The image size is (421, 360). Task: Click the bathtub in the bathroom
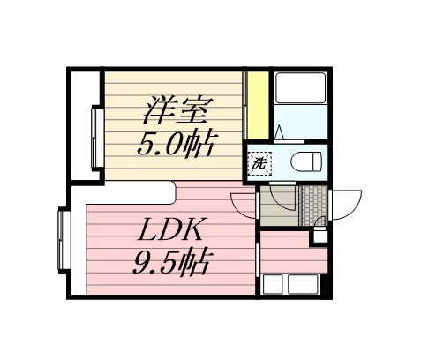[x=300, y=91]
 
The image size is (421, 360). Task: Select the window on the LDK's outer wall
[x=63, y=240]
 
